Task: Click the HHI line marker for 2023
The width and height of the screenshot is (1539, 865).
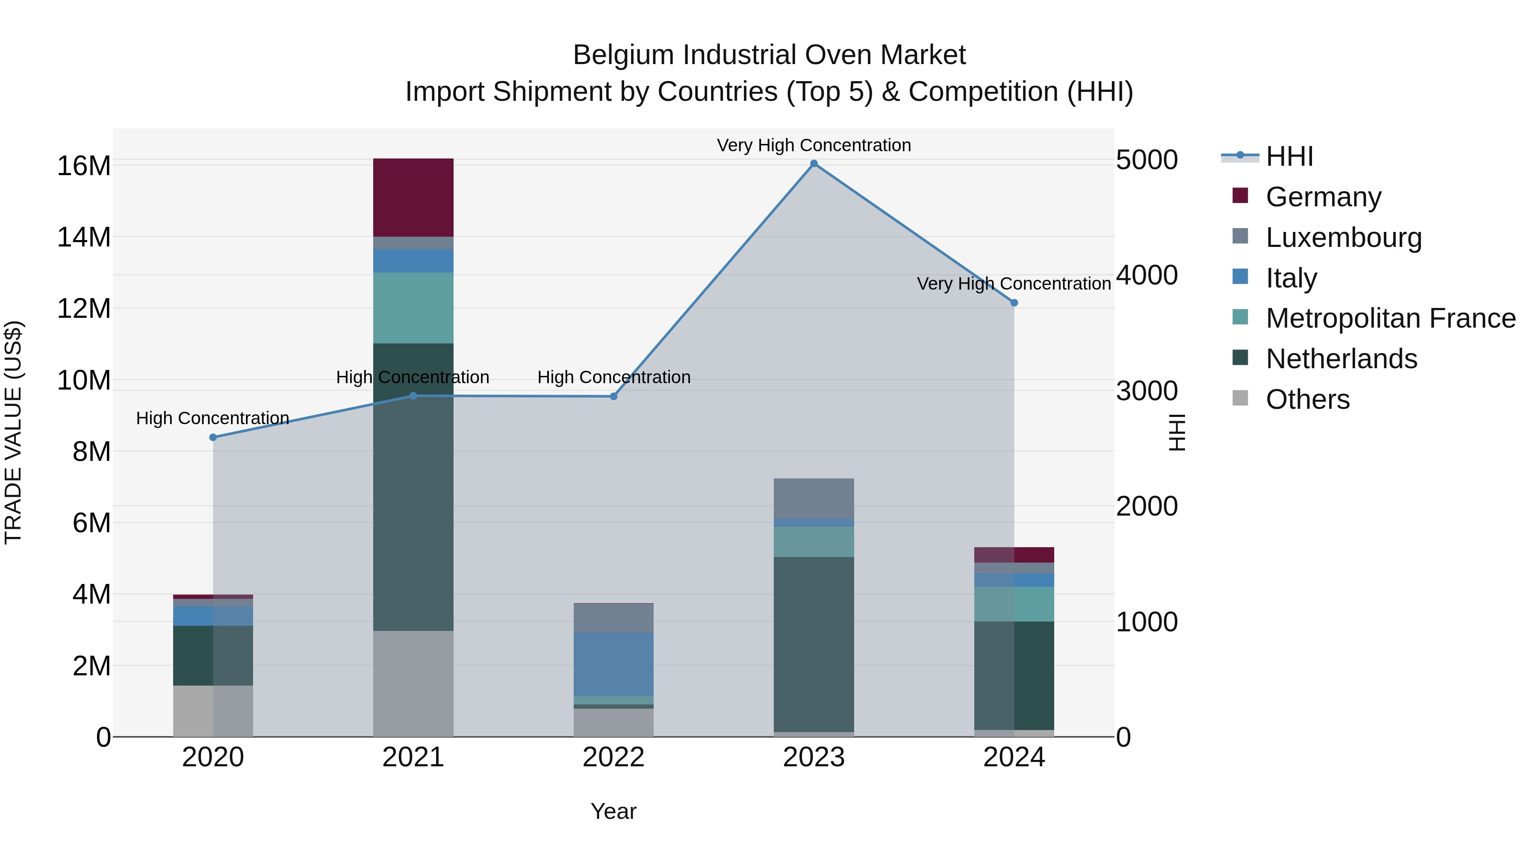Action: pyautogui.click(x=814, y=164)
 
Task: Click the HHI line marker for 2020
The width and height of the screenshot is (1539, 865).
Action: pyautogui.click(x=213, y=437)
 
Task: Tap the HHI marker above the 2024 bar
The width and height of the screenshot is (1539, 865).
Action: pyautogui.click(x=1014, y=303)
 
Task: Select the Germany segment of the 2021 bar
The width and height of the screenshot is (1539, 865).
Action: pyautogui.click(x=413, y=198)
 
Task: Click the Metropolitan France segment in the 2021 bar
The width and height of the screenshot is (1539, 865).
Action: pyautogui.click(x=413, y=308)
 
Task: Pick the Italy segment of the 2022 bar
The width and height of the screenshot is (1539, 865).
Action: pyautogui.click(x=613, y=664)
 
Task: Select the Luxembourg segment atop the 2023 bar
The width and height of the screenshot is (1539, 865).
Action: pyautogui.click(x=814, y=498)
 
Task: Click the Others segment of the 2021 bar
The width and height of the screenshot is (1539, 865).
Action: pyautogui.click(x=413, y=683)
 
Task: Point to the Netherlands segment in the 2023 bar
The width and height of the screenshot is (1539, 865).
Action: pyautogui.click(x=814, y=645)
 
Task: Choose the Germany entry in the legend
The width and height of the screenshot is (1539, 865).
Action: pyautogui.click(x=1323, y=197)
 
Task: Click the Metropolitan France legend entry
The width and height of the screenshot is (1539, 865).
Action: pyautogui.click(x=1390, y=318)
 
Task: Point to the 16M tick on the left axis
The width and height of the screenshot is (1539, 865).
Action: pyautogui.click(x=84, y=166)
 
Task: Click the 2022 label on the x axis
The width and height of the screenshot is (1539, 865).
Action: pyautogui.click(x=613, y=757)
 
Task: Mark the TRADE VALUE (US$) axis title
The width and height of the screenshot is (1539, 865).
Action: pyautogui.click(x=13, y=432)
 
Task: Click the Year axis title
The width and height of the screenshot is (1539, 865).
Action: pyautogui.click(x=613, y=811)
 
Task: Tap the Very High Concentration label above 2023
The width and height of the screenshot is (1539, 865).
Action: pyautogui.click(x=814, y=145)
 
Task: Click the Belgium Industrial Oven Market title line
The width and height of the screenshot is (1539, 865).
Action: pyautogui.click(x=769, y=55)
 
